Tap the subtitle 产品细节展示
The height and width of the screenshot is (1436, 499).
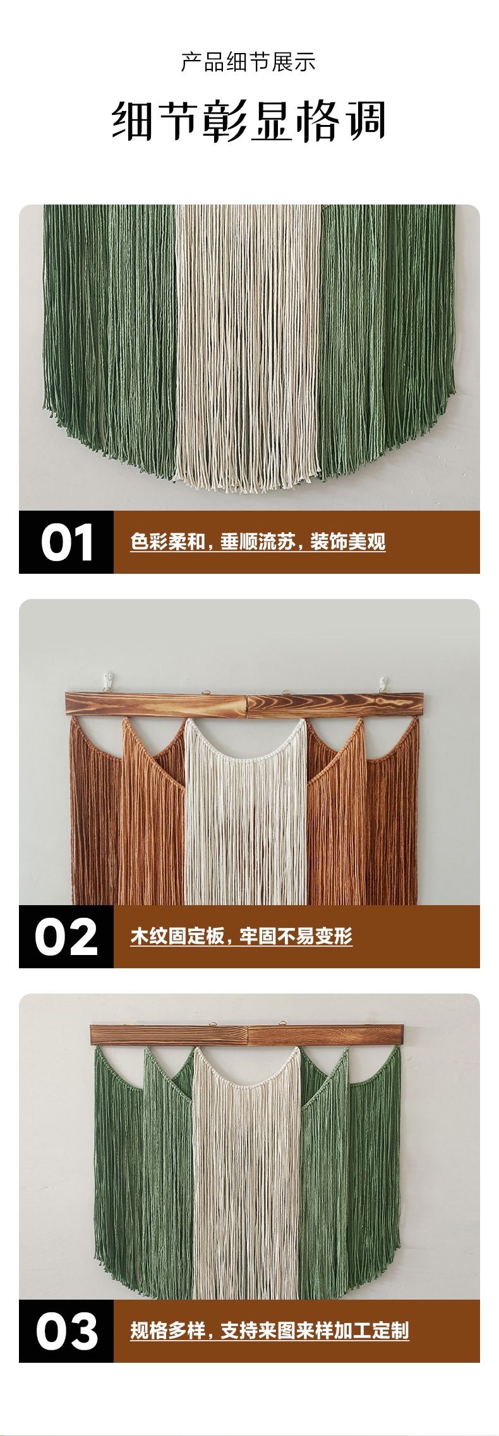coord(248,62)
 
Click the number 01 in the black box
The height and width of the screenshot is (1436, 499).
coord(67,542)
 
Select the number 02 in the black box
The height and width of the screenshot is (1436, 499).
coord(66,937)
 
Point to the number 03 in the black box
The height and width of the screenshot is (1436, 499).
coord(66,1332)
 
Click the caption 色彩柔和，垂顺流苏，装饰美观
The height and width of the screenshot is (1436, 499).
coord(258,542)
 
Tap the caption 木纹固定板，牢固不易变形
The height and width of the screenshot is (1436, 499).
coord(241,936)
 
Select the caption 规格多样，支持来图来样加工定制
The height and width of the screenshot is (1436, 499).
coord(270,1331)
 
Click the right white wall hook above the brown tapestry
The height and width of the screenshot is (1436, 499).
coord(383,684)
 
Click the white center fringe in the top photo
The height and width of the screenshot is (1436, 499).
coord(248,347)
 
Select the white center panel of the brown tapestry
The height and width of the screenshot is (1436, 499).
coord(246,814)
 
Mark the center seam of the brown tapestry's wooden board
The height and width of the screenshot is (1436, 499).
coord(246,706)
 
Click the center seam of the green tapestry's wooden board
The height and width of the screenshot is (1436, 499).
coord(248,1036)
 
